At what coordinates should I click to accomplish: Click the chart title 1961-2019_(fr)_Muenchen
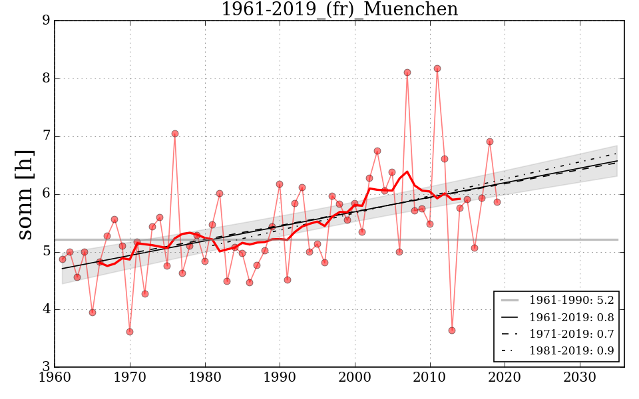[339, 10]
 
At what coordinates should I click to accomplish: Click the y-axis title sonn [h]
[25, 194]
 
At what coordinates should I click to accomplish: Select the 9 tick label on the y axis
[46, 21]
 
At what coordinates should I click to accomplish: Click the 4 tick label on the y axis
[46, 309]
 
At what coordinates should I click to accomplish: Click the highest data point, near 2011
[437, 68]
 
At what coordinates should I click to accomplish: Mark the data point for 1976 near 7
[175, 134]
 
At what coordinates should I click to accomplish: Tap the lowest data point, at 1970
[130, 332]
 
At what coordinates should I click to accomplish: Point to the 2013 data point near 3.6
[452, 331]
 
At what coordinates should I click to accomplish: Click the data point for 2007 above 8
[407, 72]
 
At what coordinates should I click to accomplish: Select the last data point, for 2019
[497, 202]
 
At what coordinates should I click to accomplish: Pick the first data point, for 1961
[63, 259]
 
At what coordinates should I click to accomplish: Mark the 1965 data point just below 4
[93, 313]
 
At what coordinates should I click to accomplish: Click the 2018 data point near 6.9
[490, 142]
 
